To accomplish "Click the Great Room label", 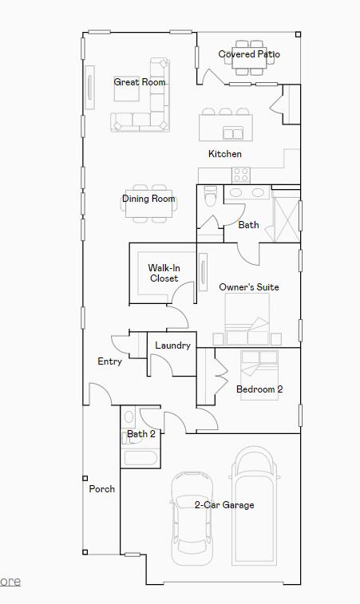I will (x=140, y=82).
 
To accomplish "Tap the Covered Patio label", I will (x=249, y=54).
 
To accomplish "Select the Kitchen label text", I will (x=225, y=154).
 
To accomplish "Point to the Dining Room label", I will (x=148, y=199).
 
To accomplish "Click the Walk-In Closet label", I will (x=164, y=274).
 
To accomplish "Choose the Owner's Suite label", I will (x=249, y=287).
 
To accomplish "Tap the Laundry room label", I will (x=172, y=345).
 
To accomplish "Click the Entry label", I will (x=110, y=361).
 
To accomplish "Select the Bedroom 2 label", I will (x=259, y=389).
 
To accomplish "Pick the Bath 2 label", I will (x=141, y=434).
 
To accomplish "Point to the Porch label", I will (x=102, y=489).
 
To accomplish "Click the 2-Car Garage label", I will (x=224, y=505).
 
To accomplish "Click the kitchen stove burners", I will (x=240, y=174).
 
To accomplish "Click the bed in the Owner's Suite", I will (x=247, y=319).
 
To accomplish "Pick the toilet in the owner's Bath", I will (x=211, y=195).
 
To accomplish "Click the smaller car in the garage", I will (x=192, y=515).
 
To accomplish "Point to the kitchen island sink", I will (x=232, y=132).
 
